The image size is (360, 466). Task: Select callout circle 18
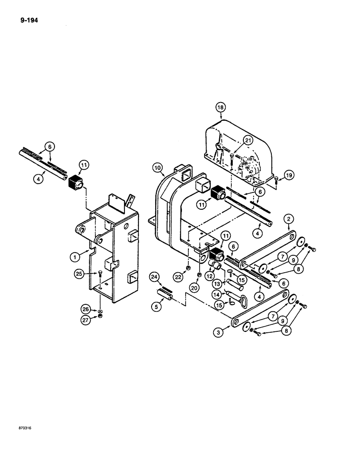(x=220, y=107)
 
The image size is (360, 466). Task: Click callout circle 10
(x=157, y=166)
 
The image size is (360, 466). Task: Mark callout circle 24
(x=154, y=278)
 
